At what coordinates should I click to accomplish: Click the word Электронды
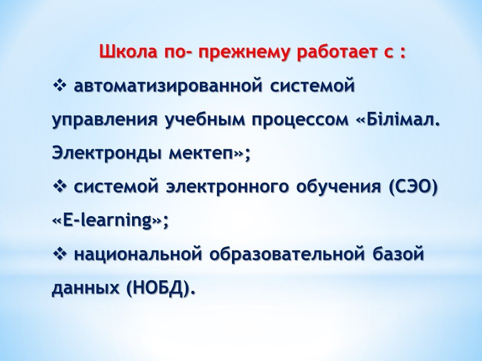[x=107, y=153]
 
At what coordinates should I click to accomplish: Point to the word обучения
[x=338, y=188]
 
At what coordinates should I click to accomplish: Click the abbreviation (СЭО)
[x=413, y=187]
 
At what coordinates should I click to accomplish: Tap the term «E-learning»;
[x=110, y=221]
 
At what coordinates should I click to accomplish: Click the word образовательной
[x=288, y=255]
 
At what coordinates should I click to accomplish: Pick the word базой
[x=398, y=254]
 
